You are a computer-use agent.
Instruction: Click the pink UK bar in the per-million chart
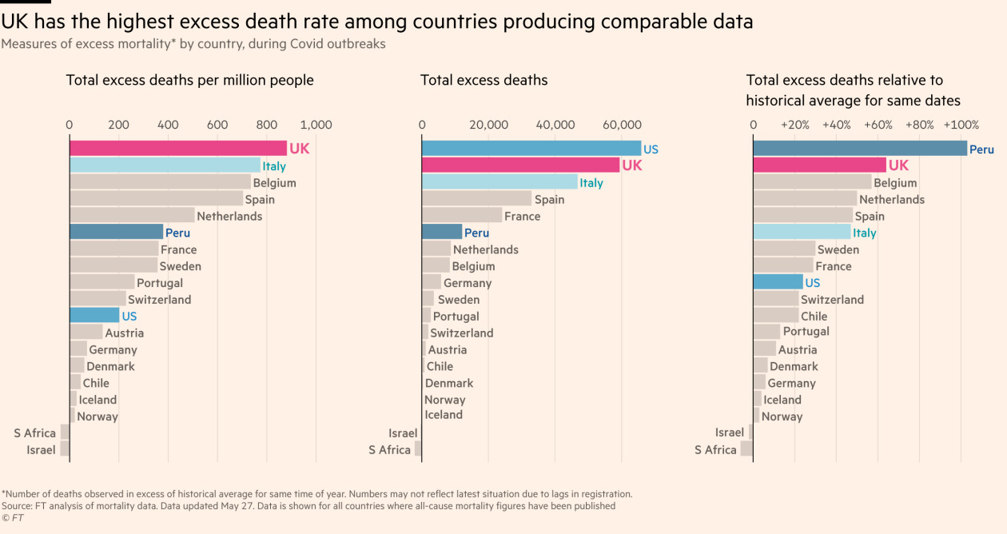(x=177, y=148)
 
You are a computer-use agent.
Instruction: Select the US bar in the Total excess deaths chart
(x=531, y=148)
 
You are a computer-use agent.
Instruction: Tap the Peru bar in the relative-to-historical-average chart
(x=859, y=149)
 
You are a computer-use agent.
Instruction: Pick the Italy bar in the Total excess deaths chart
(x=499, y=182)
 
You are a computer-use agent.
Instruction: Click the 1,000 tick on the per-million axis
(x=316, y=125)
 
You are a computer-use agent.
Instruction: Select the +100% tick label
(x=961, y=125)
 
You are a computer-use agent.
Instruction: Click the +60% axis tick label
(x=878, y=125)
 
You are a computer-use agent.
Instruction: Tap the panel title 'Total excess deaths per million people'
(x=189, y=80)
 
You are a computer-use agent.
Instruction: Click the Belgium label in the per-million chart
(x=274, y=182)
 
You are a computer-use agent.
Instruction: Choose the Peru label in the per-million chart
(x=177, y=233)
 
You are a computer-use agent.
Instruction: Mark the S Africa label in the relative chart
(x=715, y=449)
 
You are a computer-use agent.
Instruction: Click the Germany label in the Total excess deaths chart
(x=468, y=283)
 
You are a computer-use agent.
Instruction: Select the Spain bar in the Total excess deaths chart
(x=476, y=199)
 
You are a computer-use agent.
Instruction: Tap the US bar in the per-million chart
(x=94, y=316)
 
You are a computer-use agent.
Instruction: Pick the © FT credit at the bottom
(x=13, y=518)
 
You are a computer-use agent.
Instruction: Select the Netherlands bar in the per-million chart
(x=132, y=216)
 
